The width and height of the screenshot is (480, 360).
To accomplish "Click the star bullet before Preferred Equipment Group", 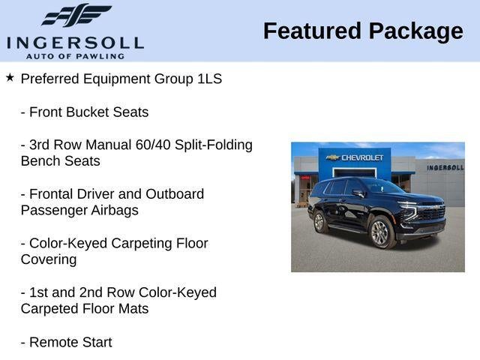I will [x=10, y=77].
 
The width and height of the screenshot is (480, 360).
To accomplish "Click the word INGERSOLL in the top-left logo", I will [x=74, y=42].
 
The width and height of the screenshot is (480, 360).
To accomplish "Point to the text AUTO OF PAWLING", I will [x=75, y=56].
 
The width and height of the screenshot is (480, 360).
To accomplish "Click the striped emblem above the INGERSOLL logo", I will [x=76, y=16].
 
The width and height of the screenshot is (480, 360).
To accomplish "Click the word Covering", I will [x=49, y=260].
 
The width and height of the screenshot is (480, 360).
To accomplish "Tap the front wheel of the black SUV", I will [x=380, y=232].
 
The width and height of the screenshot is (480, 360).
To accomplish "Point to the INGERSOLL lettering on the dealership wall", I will [x=445, y=167].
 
